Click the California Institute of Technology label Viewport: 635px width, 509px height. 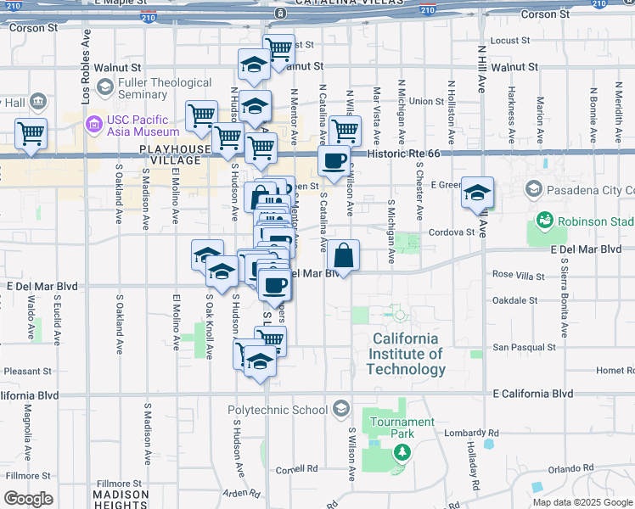coord(406,354)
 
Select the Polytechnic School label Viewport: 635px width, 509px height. coord(277,411)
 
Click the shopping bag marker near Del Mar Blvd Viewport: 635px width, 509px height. coord(345,255)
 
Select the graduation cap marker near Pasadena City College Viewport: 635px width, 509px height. coord(478,193)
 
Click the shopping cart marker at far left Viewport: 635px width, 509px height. coord(31,133)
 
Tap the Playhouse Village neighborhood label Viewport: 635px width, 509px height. coord(175,155)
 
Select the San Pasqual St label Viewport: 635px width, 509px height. coord(525,347)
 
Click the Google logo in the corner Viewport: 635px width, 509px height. coord(28,499)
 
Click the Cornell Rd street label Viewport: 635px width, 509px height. coord(296,468)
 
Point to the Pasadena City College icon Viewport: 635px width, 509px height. coord(534,188)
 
